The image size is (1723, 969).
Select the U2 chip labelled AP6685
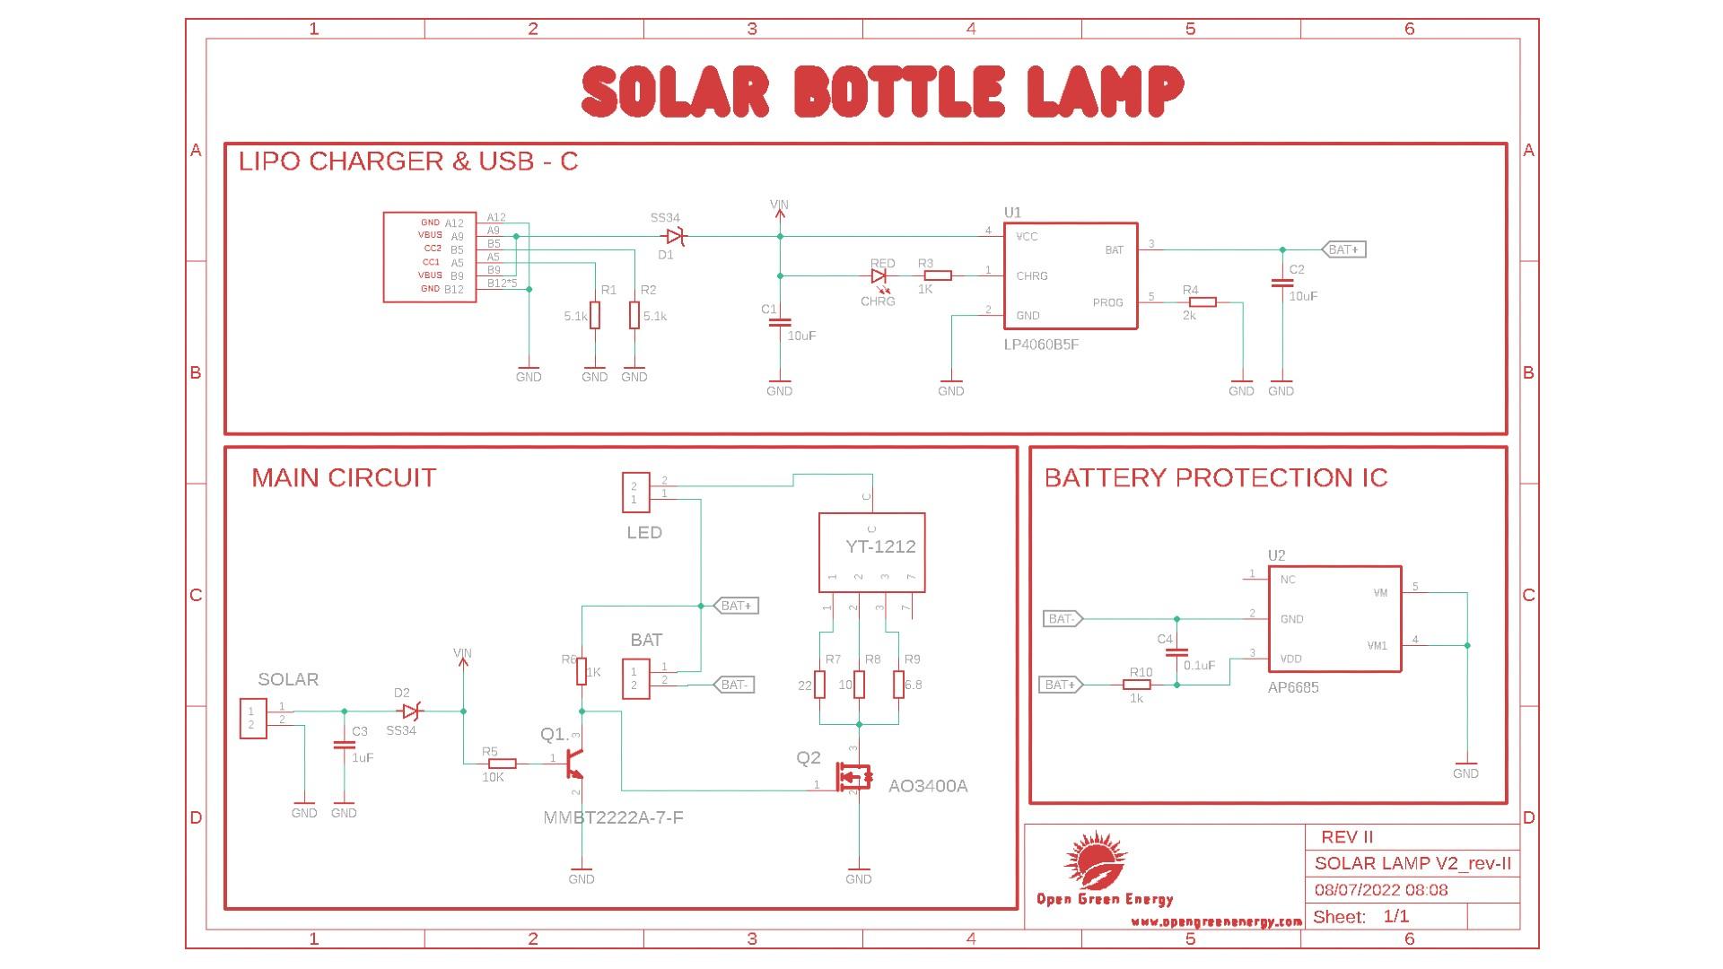(x=1334, y=618)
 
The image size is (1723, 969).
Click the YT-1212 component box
(x=871, y=552)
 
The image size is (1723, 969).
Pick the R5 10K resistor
(x=503, y=764)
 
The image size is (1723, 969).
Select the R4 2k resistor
(x=1203, y=302)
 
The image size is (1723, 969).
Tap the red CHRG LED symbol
(x=879, y=276)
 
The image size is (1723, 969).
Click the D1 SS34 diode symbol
(x=673, y=237)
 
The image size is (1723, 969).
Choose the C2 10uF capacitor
(x=1281, y=284)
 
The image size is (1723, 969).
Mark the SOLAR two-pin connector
(x=253, y=718)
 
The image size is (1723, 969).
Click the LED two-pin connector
(x=635, y=493)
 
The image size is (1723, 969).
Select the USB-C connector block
(x=429, y=257)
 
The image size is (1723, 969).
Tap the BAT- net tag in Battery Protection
(x=1063, y=619)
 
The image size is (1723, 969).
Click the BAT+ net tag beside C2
(x=1343, y=249)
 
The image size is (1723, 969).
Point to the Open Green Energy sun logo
(x=1095, y=860)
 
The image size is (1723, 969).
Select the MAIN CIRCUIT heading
(x=344, y=477)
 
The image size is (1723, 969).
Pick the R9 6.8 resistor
(x=898, y=685)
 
